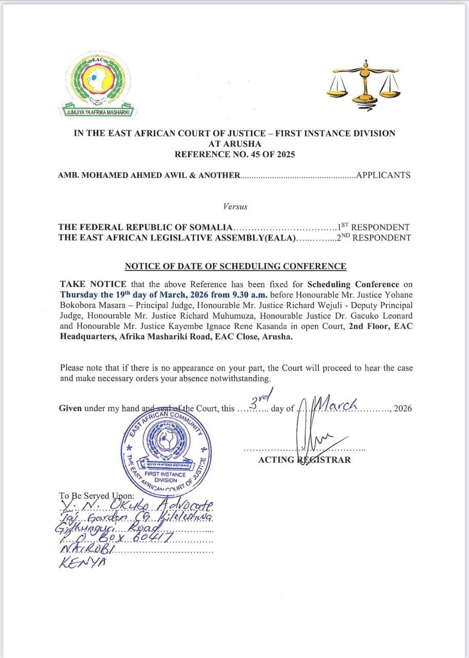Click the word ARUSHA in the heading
click(x=234, y=143)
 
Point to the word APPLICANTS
click(x=383, y=175)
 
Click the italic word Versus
click(x=235, y=207)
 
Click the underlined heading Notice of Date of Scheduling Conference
click(x=235, y=266)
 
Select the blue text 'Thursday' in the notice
click(x=78, y=295)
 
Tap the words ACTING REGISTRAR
click(x=305, y=460)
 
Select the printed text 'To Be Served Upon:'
click(x=97, y=497)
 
